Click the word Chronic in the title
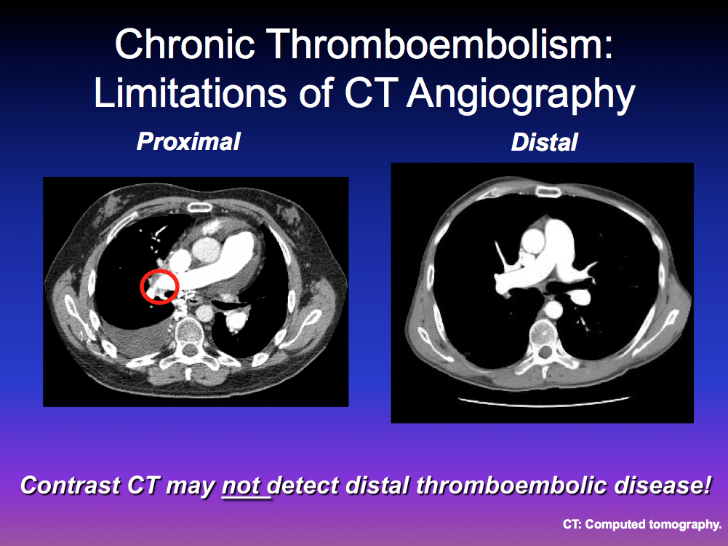pos(185,44)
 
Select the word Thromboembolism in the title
pos(440,44)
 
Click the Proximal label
pos(188,142)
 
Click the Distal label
pos(544,142)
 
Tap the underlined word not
pos(241,486)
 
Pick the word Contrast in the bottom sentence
pos(71,486)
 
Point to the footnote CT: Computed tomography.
pos(642,525)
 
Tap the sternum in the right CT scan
pos(548,191)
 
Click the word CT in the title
pos(371,93)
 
